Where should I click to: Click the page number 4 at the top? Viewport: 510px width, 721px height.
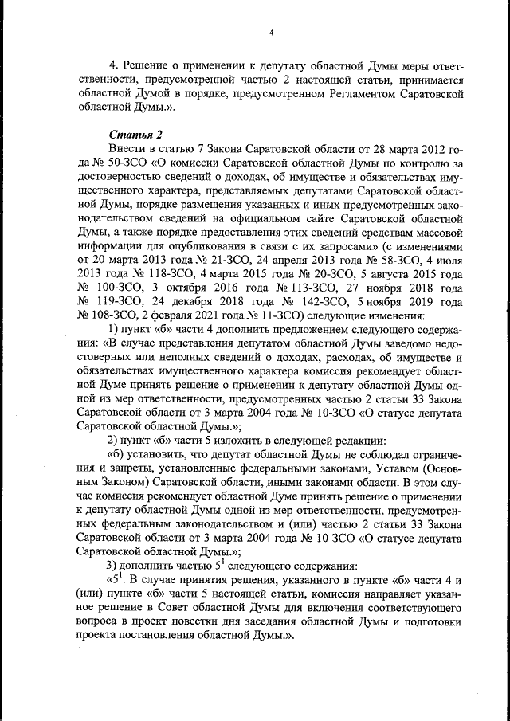coord(271,33)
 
